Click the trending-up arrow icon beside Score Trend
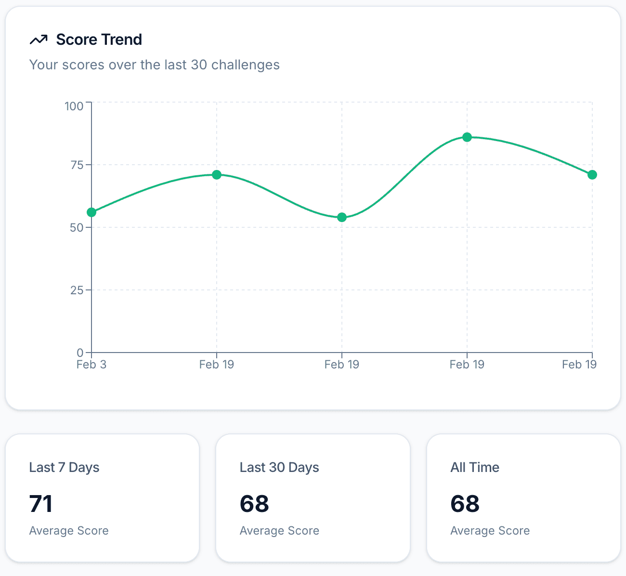(x=39, y=39)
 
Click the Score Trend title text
(x=99, y=39)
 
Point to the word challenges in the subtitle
(x=245, y=65)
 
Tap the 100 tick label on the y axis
(x=74, y=106)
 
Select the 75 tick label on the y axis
(x=77, y=165)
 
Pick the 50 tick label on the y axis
(x=77, y=228)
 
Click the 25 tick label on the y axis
(x=77, y=290)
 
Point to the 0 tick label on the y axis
(x=80, y=353)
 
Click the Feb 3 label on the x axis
(x=91, y=365)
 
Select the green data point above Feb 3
(x=91, y=212)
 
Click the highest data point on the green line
(x=467, y=137)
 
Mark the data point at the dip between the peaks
(x=342, y=217)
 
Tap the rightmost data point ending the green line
(x=592, y=175)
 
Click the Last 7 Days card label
(x=64, y=468)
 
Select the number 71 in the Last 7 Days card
(x=41, y=504)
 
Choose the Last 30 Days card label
(x=279, y=468)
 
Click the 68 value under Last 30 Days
(x=254, y=504)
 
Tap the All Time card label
(x=475, y=468)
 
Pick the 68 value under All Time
(x=465, y=504)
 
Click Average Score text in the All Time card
(x=490, y=531)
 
